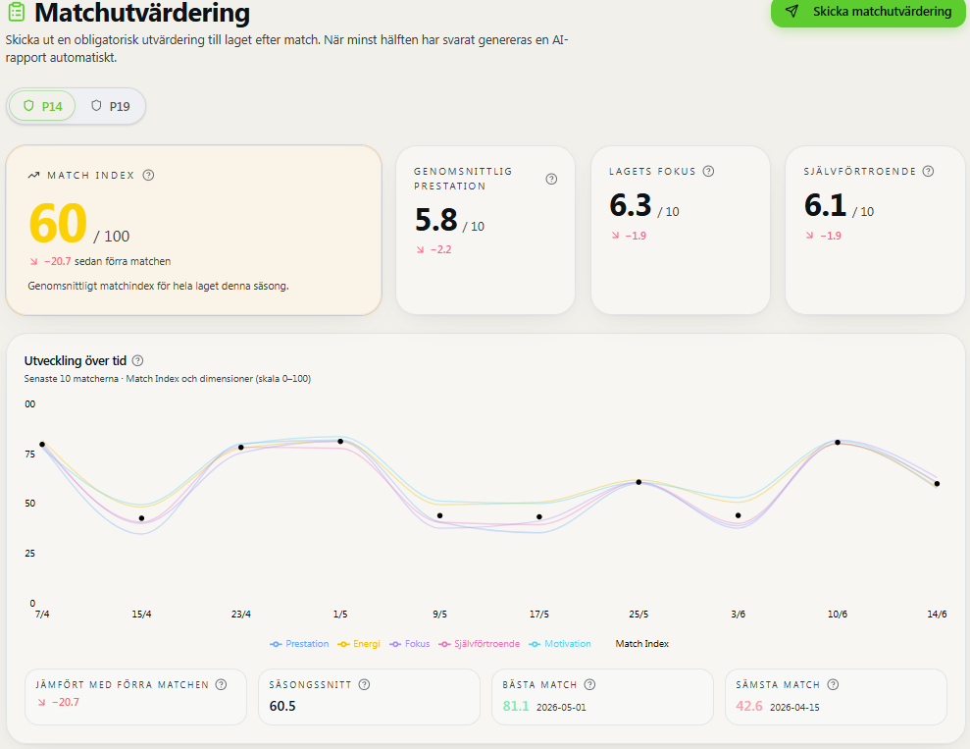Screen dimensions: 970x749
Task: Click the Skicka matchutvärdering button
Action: coord(868,12)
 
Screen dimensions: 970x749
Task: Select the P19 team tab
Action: coord(111,106)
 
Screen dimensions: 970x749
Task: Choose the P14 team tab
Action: coord(42,106)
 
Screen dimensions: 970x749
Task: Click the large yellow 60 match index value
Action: coord(58,223)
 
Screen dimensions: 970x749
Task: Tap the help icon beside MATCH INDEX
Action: coord(148,175)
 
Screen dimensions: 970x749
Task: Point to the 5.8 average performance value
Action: coord(436,220)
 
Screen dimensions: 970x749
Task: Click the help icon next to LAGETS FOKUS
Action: coord(709,172)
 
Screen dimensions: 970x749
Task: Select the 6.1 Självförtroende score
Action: coord(825,205)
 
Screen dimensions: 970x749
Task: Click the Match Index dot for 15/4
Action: coord(141,518)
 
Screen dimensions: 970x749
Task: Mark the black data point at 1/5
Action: coord(340,442)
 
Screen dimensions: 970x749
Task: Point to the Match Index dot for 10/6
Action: coord(838,443)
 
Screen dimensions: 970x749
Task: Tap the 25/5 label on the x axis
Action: coord(638,615)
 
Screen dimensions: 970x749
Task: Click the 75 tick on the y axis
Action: coord(29,455)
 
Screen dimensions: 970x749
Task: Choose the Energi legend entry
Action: coord(359,644)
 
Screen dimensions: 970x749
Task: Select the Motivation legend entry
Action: coord(560,644)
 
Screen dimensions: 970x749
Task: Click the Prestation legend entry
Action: coord(299,644)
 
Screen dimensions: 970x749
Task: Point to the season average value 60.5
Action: coord(282,706)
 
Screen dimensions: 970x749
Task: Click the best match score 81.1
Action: coord(515,706)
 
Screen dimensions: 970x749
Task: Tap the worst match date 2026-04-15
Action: coord(794,707)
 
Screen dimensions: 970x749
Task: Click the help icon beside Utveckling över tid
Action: coord(138,361)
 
